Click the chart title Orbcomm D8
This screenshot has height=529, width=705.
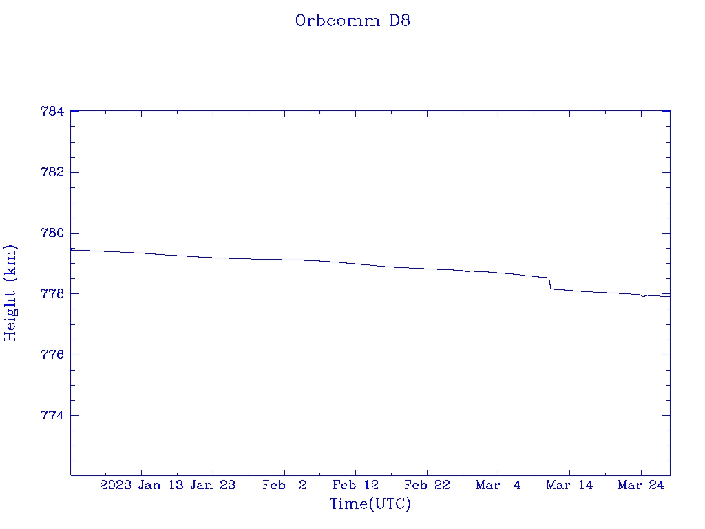pos(352,21)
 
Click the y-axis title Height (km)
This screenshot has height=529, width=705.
pos(11,292)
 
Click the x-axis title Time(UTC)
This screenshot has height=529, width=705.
pos(370,504)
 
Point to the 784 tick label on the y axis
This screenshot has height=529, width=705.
pos(53,111)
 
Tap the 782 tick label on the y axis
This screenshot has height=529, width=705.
pos(53,172)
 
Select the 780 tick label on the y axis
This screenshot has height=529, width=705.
pos(53,233)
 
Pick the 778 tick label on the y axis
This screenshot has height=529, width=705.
pos(53,294)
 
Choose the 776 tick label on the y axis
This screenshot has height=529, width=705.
pos(53,355)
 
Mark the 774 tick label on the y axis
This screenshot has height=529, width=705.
pos(53,416)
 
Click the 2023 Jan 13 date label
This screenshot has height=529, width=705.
pos(141,485)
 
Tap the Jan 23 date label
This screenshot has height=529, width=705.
pos(213,485)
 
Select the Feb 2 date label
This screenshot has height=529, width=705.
pos(284,485)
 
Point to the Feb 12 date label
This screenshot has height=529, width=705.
pos(355,485)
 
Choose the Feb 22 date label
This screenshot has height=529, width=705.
pos(427,485)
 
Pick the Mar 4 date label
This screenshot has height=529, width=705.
pos(498,485)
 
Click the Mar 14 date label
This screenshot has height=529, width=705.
pos(569,485)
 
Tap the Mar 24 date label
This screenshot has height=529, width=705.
pos(640,485)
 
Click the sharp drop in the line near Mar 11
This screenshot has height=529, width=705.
pos(550,283)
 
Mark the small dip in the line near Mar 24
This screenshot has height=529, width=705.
pos(643,296)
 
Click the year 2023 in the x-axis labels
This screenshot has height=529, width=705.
pos(116,485)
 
